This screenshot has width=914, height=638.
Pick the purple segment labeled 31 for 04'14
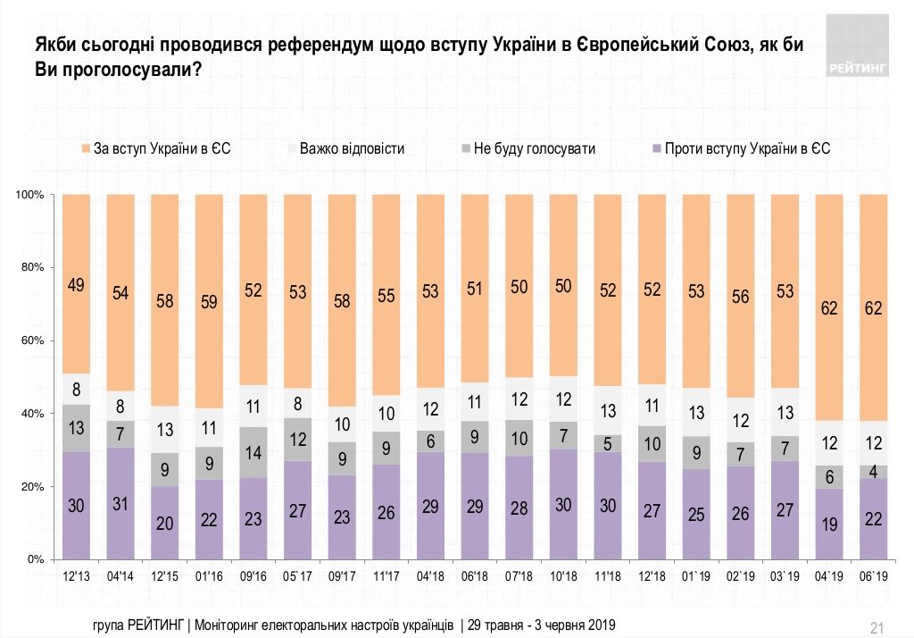tap(120, 503)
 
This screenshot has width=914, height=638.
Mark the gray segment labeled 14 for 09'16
tap(253, 452)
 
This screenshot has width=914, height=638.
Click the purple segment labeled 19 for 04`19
tap(829, 524)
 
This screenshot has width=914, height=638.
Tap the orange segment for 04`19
tap(829, 307)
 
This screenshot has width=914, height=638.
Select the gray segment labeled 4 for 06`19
tap(873, 472)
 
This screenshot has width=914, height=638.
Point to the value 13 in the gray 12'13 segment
tap(77, 428)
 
